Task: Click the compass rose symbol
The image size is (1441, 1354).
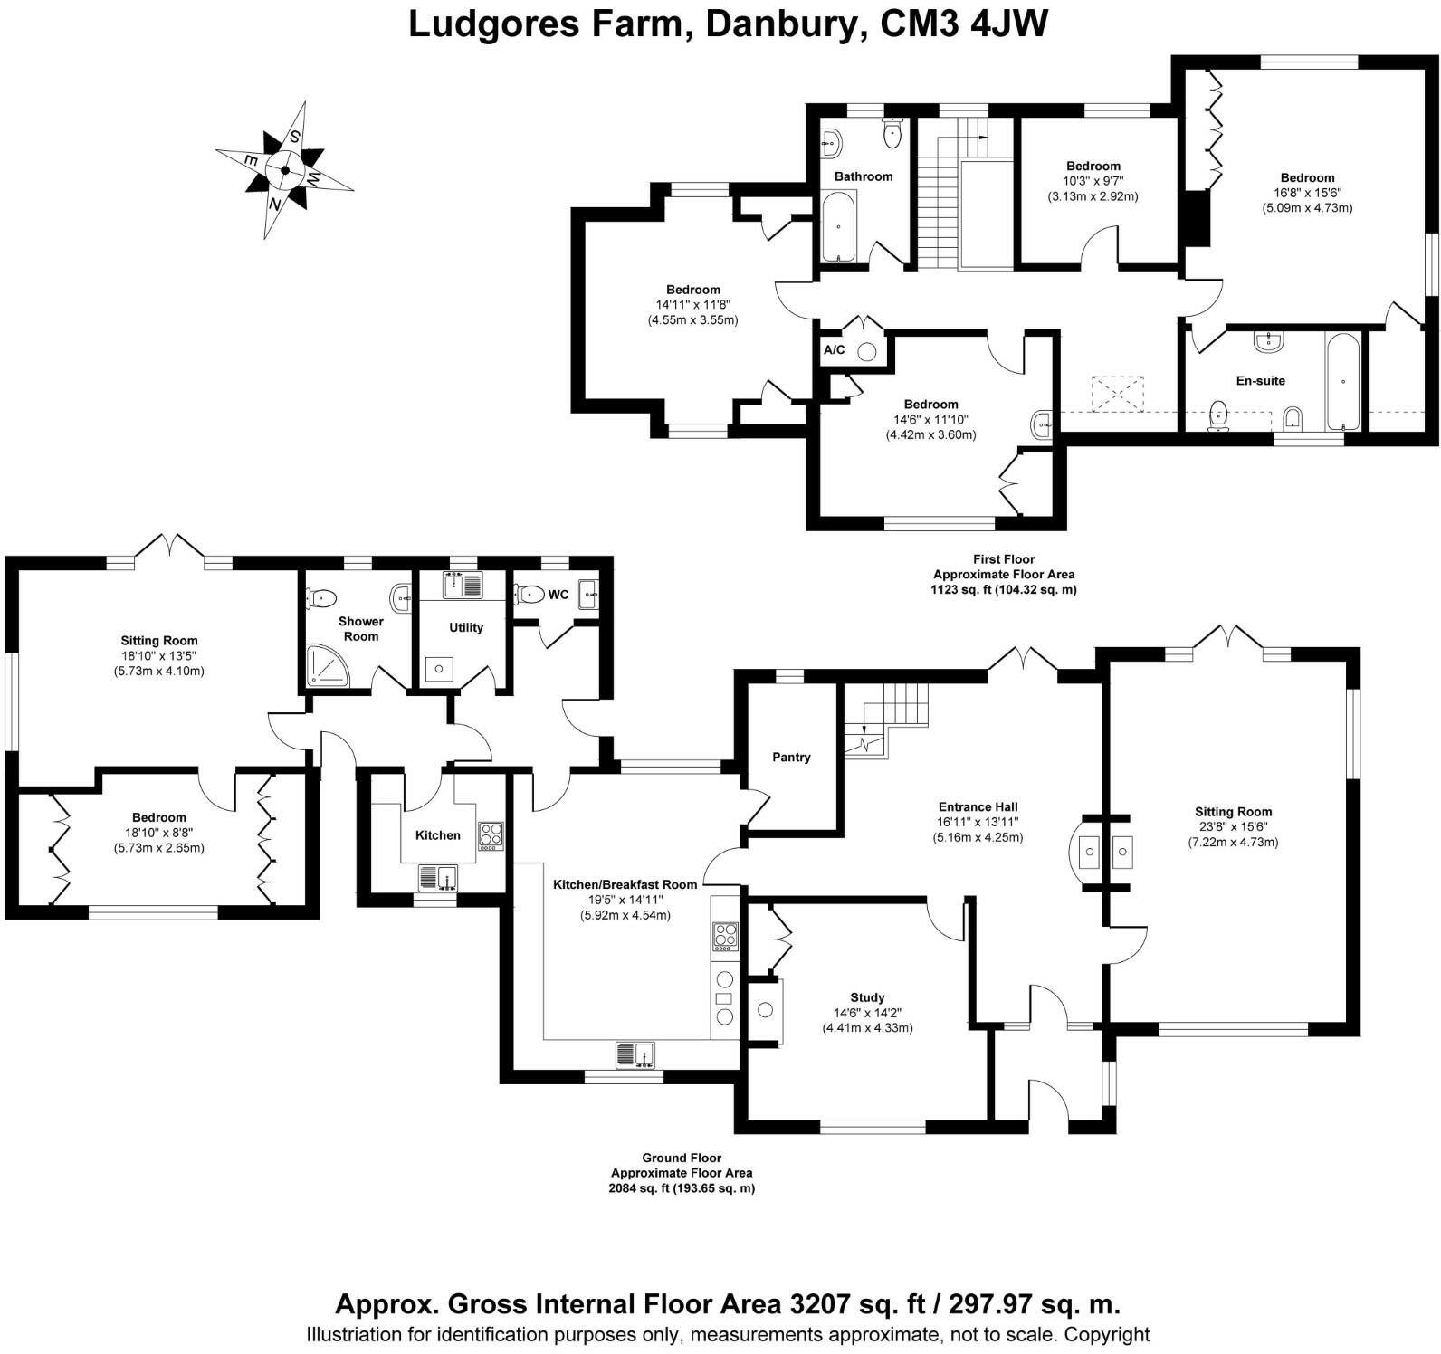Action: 284,169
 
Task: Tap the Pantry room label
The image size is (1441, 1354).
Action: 791,757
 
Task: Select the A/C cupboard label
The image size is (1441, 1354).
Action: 834,349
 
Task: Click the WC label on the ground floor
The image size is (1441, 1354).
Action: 558,595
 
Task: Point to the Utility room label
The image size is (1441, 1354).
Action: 466,627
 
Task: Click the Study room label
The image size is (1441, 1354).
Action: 867,997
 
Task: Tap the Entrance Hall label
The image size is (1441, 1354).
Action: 978,806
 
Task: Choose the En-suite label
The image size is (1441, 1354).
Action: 1261,381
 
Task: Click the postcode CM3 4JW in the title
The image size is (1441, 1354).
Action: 965,24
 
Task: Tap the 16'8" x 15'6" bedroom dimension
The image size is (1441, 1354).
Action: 1307,193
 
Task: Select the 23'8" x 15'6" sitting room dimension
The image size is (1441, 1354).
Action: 1233,827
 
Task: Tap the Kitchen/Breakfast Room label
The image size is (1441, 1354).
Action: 625,884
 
